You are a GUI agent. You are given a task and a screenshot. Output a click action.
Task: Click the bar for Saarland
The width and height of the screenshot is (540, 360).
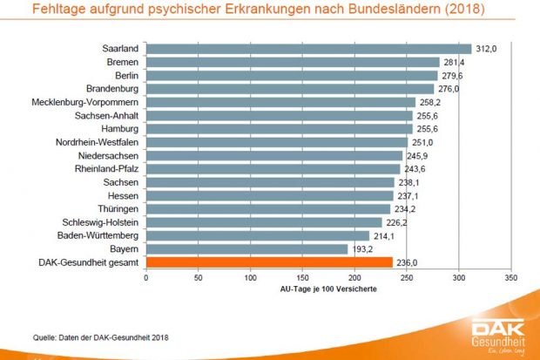308,49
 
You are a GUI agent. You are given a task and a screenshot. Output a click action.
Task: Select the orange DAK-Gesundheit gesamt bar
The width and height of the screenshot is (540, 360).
268,262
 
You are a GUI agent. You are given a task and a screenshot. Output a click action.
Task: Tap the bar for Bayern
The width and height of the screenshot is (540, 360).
246,248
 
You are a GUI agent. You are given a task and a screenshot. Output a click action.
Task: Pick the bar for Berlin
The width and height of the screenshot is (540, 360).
292,75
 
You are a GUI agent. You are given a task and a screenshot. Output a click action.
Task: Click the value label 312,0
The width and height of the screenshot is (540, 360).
485,49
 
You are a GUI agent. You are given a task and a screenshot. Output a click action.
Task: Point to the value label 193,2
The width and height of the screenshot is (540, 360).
361,248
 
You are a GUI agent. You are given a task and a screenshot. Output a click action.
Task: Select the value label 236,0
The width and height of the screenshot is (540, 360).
406,262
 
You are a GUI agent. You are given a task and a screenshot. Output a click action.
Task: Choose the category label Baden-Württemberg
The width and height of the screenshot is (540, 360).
94,235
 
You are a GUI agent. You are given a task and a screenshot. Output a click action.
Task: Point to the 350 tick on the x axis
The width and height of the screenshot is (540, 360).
510,278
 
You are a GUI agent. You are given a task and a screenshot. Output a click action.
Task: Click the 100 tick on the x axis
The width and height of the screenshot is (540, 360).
250,278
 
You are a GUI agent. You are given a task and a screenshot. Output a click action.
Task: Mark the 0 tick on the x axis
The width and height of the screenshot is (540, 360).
146,278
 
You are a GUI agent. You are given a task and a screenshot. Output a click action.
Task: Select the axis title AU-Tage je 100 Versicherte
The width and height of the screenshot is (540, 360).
327,289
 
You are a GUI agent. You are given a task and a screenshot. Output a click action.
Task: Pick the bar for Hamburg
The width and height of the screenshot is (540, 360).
279,128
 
